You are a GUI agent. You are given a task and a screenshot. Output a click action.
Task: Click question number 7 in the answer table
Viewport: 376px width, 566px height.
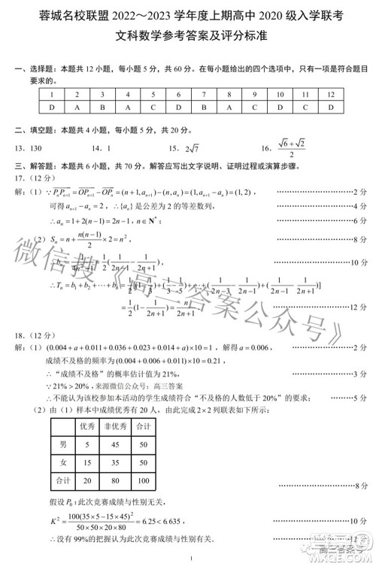[204, 95]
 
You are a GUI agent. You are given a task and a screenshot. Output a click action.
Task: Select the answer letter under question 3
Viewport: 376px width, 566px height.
[102, 107]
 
